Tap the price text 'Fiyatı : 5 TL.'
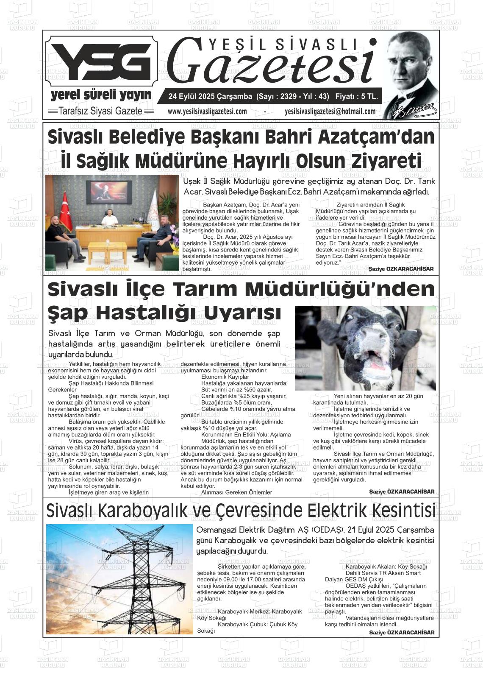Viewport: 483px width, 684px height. point(356,97)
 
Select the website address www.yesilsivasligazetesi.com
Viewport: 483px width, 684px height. point(207,112)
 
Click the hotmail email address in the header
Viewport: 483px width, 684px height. point(330,112)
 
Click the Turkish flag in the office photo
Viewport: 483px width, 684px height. point(65,212)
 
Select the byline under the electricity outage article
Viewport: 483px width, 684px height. point(401,632)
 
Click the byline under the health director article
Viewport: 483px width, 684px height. point(401,269)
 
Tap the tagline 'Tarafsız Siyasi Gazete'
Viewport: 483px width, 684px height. point(100,111)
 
